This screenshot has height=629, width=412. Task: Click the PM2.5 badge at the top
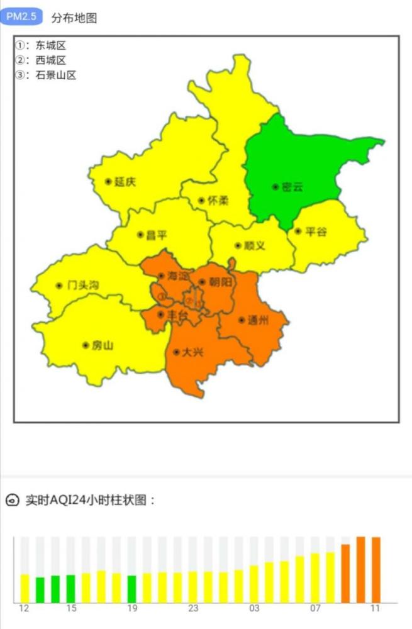21,17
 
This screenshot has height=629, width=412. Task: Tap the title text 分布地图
74,18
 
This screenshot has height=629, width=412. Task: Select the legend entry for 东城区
42,45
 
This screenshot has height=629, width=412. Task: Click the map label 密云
292,187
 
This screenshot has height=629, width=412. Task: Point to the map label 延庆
125,182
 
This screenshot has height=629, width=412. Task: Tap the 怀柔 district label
218,201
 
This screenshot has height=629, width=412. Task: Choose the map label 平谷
316,231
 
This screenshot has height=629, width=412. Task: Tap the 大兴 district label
192,352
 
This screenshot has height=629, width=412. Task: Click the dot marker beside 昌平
140,235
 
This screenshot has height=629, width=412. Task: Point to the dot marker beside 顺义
238,246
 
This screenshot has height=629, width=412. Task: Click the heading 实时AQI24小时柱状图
90,501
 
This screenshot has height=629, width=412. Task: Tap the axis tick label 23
193,609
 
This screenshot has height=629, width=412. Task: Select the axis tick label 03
253,609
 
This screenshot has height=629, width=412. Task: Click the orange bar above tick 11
376,569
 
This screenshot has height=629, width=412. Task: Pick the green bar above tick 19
132,589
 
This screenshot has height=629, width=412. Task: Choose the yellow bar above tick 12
25,588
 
